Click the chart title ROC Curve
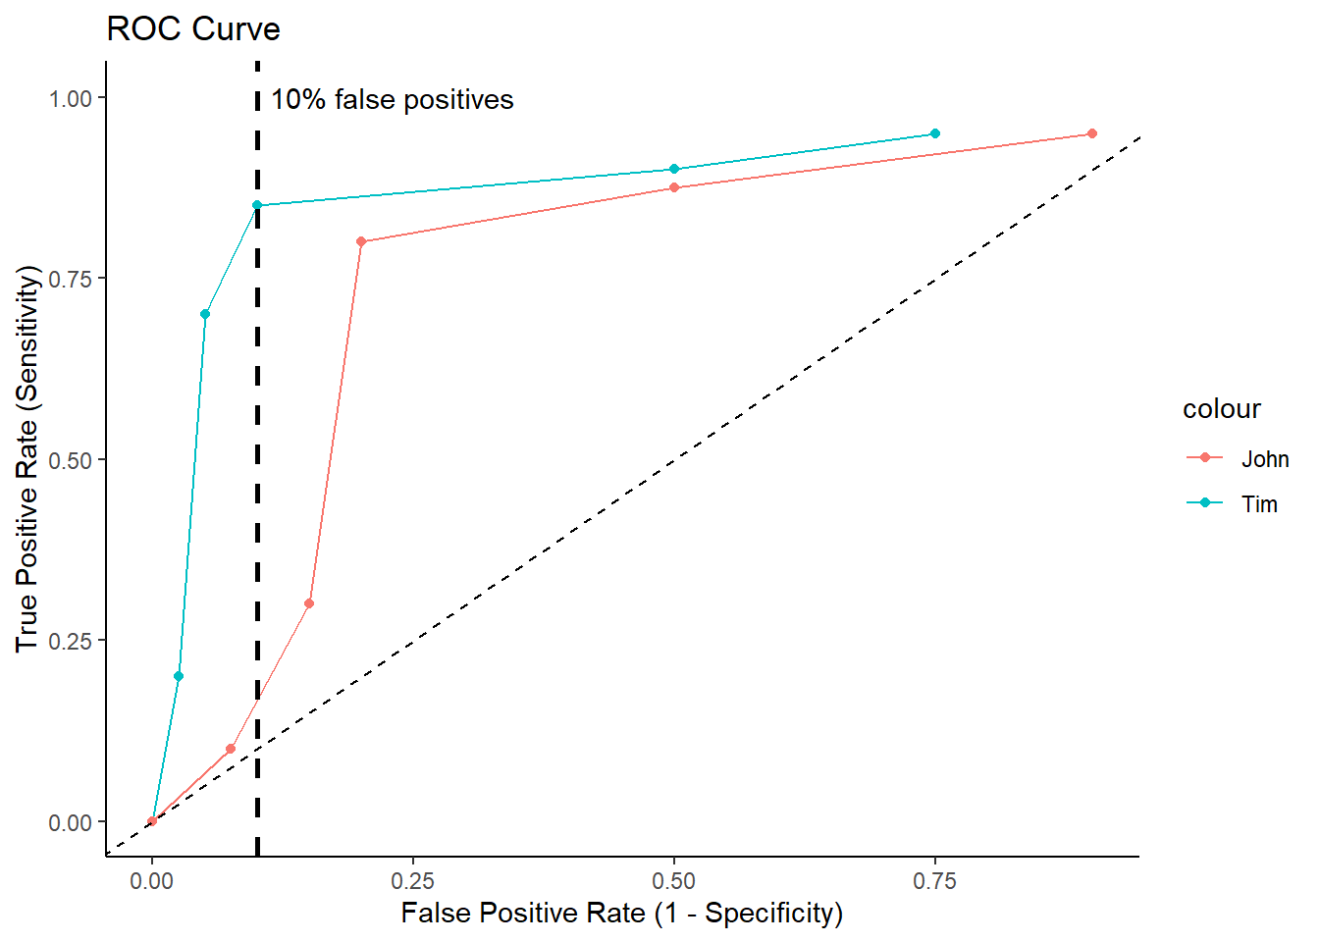click(x=193, y=29)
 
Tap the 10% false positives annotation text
click(x=392, y=100)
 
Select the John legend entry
click(x=1264, y=459)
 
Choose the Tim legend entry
click(x=1258, y=504)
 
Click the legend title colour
click(x=1221, y=409)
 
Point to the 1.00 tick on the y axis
click(x=71, y=98)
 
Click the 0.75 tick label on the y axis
click(x=71, y=279)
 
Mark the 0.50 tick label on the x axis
click(x=674, y=881)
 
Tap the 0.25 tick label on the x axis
click(x=413, y=881)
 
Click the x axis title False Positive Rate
click(x=621, y=914)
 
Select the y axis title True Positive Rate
click(x=27, y=459)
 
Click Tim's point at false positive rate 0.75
click(x=935, y=133)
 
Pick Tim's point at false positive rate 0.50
click(x=674, y=170)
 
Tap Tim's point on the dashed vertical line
click(x=257, y=205)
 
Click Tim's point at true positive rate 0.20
click(x=179, y=676)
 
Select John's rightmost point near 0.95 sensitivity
click(x=1091, y=133)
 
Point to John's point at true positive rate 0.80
click(x=361, y=241)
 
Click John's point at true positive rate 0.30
click(x=309, y=603)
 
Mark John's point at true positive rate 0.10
click(x=231, y=749)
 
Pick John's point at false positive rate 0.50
click(x=674, y=187)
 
